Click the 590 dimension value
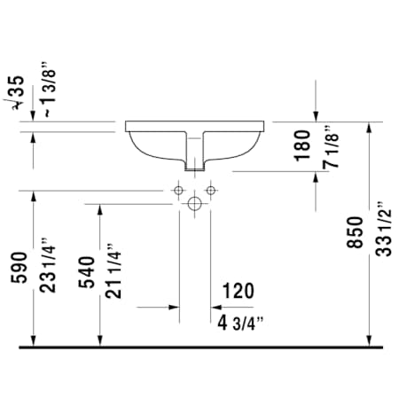point(20,268)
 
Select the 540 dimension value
point(87,272)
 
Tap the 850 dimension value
point(355,232)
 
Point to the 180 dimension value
point(303,145)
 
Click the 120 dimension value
point(238,291)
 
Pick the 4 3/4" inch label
point(240,324)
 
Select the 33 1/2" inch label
point(384,230)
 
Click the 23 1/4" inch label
point(48,265)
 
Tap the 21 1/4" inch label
point(113,271)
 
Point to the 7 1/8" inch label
point(331,147)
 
